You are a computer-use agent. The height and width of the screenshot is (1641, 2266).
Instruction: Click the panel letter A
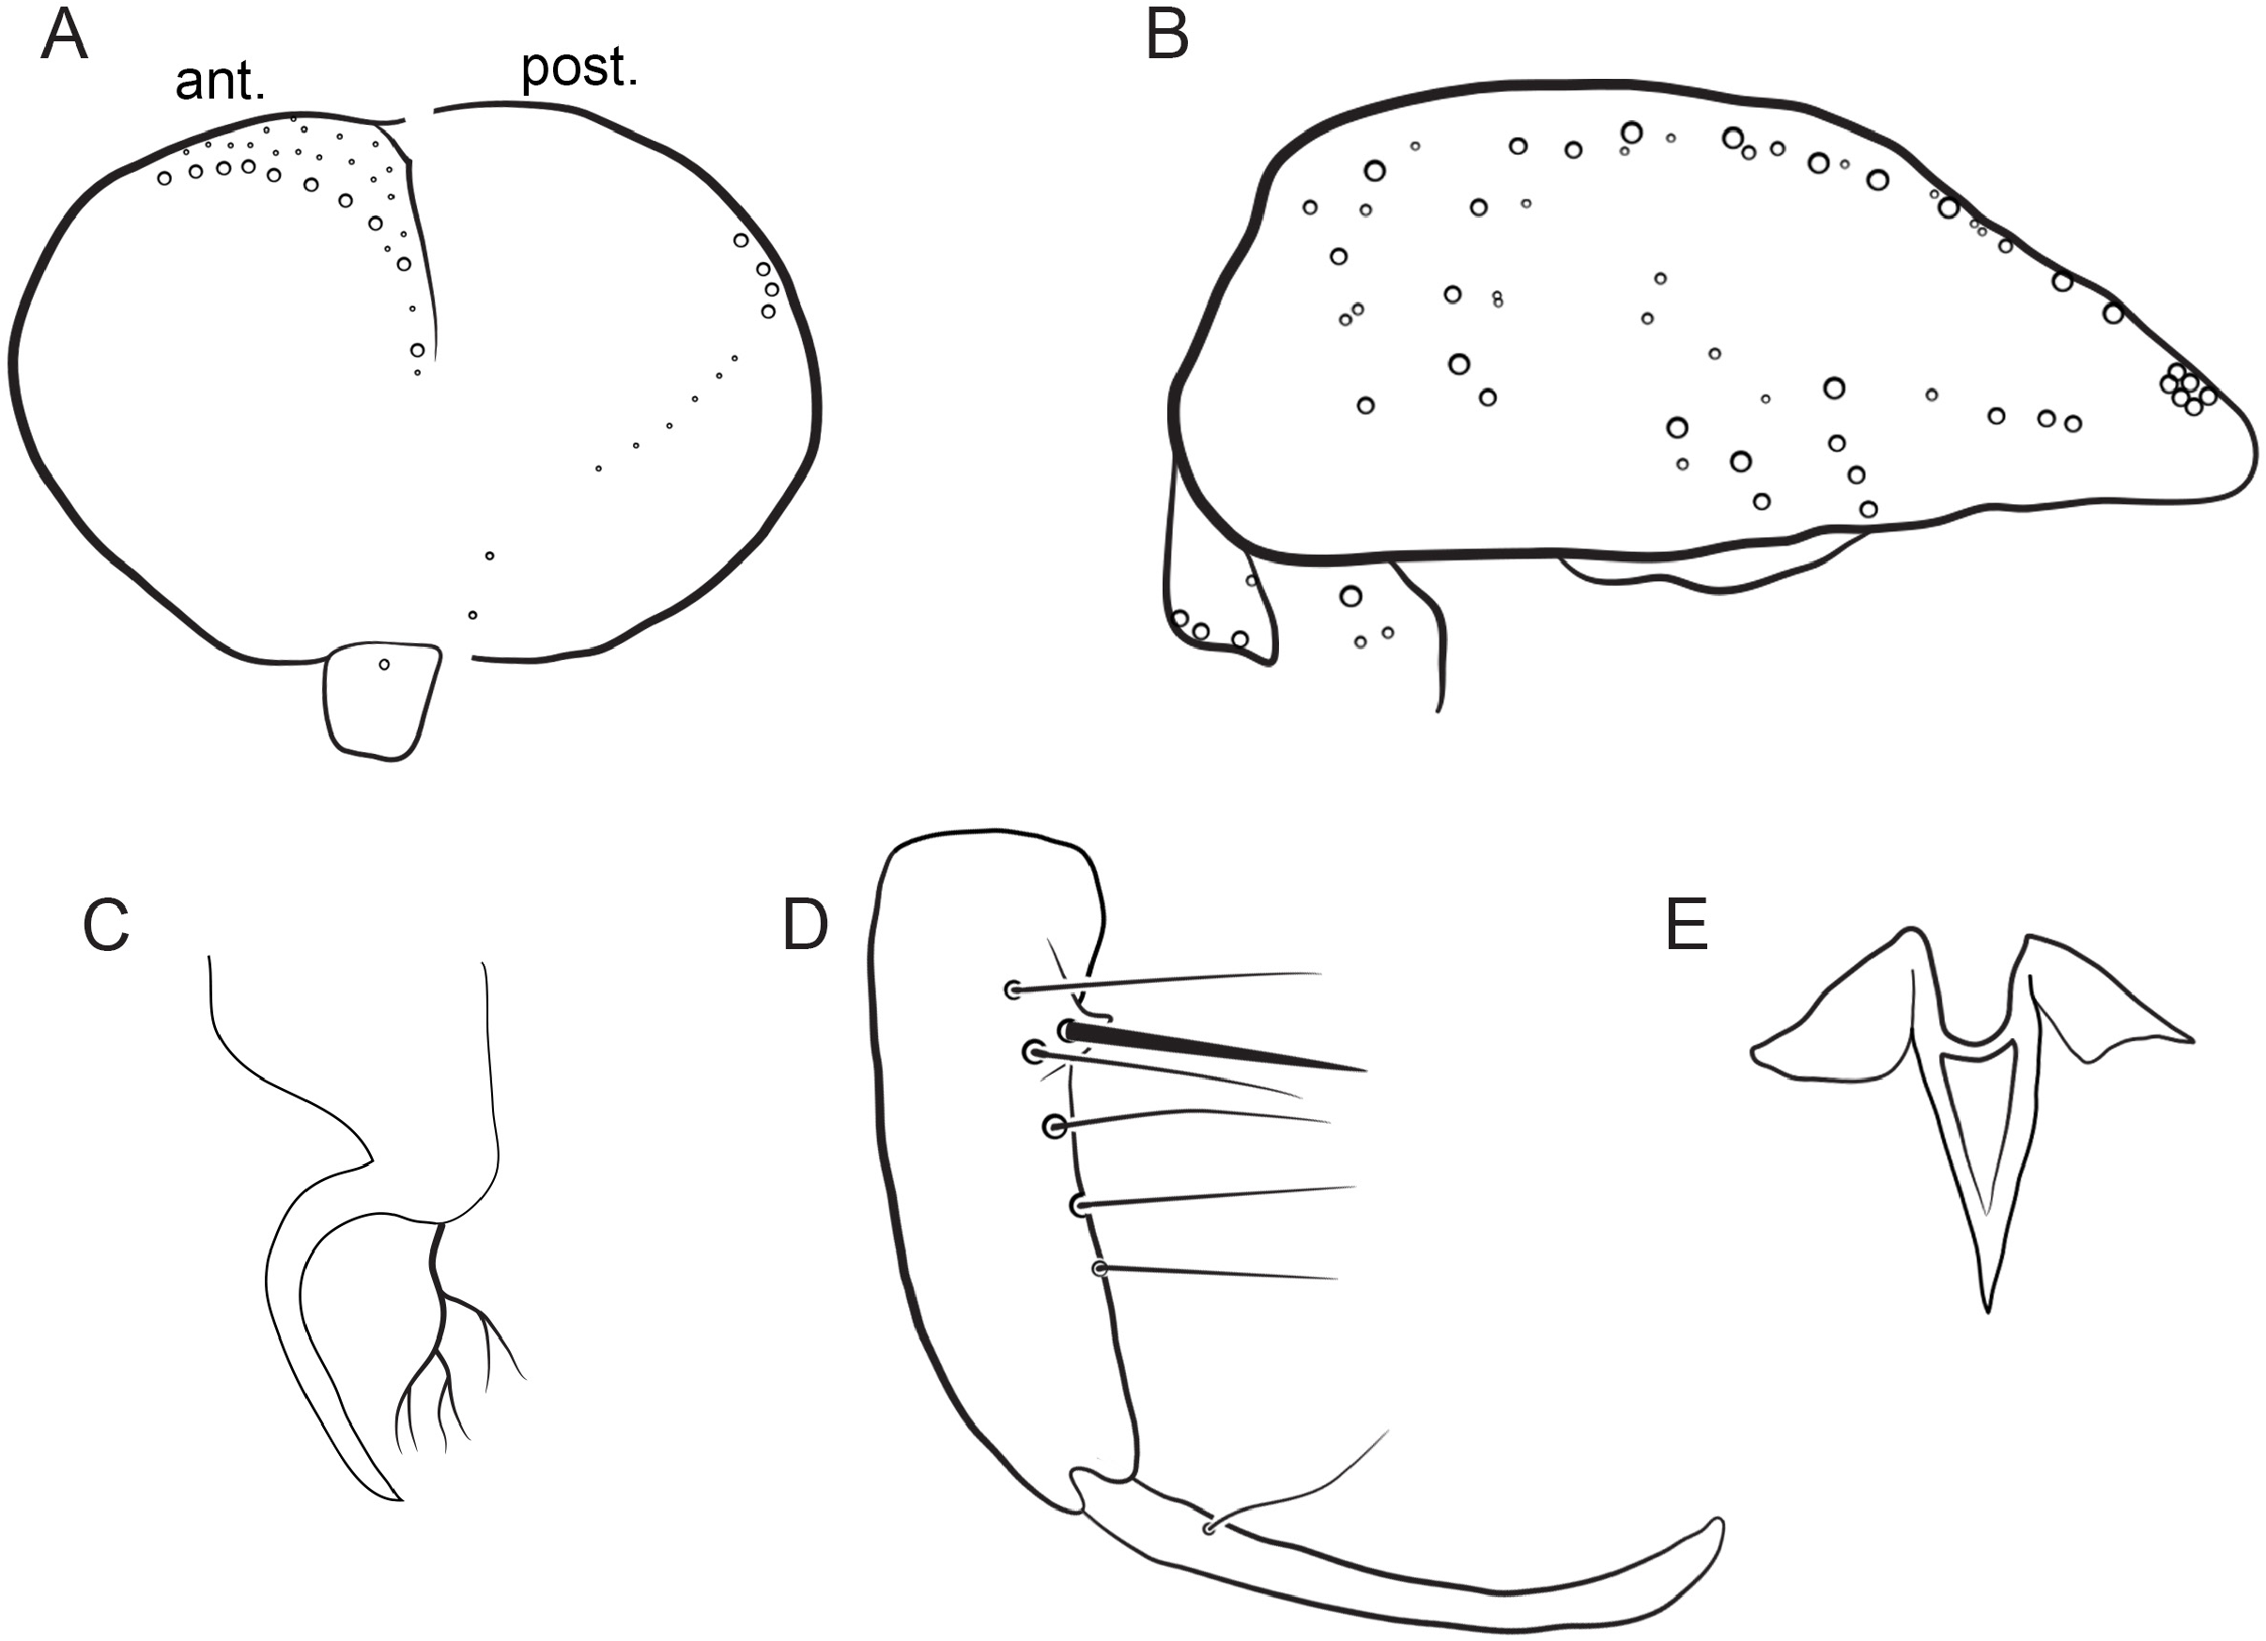point(64,36)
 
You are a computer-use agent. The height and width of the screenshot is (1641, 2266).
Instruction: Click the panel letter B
point(1167,36)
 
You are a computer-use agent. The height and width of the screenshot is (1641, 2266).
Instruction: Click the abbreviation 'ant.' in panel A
point(221,82)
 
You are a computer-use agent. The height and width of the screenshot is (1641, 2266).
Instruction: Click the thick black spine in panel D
point(1214,1048)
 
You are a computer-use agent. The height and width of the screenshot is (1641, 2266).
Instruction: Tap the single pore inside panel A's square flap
point(385,664)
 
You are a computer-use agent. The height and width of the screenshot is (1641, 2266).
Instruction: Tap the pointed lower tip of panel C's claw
point(400,1499)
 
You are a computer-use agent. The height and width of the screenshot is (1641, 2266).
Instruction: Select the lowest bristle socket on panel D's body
point(1101,1268)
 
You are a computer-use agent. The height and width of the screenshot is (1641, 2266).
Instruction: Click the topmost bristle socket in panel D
point(1013,989)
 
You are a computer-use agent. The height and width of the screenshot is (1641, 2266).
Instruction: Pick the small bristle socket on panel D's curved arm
point(1209,1529)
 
